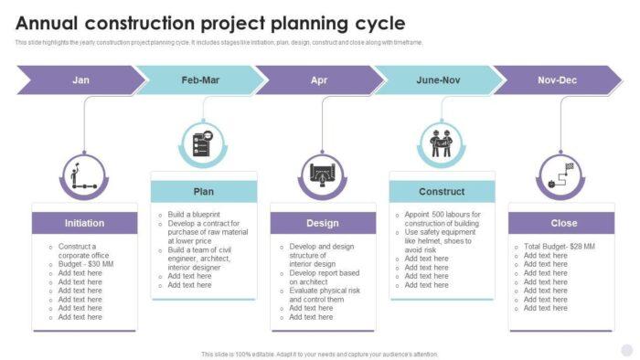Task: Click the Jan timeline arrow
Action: pos(80,80)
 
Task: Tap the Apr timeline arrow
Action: pos(319,80)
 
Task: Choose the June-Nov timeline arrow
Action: pos(438,80)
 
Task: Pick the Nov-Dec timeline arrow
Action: pos(557,80)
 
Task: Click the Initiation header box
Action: pos(84,223)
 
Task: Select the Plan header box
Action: pos(203,192)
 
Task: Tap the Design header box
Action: pos(322,223)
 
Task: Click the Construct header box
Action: pos(442,192)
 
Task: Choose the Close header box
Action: pos(563,223)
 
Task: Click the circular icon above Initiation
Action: pos(83,175)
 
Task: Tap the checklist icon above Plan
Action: pos(202,143)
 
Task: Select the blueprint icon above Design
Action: pos(322,175)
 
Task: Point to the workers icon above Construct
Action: pos(442,143)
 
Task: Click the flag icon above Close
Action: pos(560,175)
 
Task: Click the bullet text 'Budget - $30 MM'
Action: pos(85,264)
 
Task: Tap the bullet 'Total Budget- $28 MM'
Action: pos(559,246)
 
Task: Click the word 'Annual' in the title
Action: pos(52,23)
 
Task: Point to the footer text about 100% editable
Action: pos(319,354)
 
